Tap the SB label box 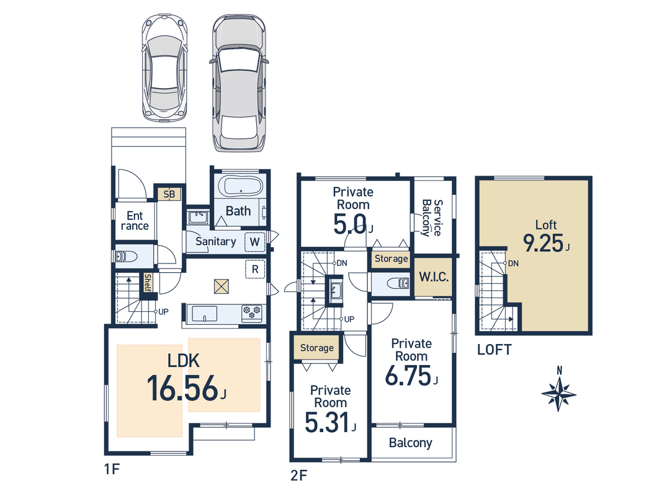click(169, 195)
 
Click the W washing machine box click(254, 242)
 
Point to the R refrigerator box click(255, 269)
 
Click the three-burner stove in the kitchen click(252, 314)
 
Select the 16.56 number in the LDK click(182, 389)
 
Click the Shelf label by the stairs click(147, 283)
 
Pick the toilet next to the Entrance click(126, 257)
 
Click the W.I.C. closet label click(434, 277)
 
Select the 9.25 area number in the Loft click(543, 244)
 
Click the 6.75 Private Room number click(408, 375)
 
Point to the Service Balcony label click(432, 218)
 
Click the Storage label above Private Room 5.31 click(317, 348)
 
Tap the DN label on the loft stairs click(513, 263)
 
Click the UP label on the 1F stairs click(163, 312)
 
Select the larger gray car click(239, 83)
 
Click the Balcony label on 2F click(410, 443)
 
